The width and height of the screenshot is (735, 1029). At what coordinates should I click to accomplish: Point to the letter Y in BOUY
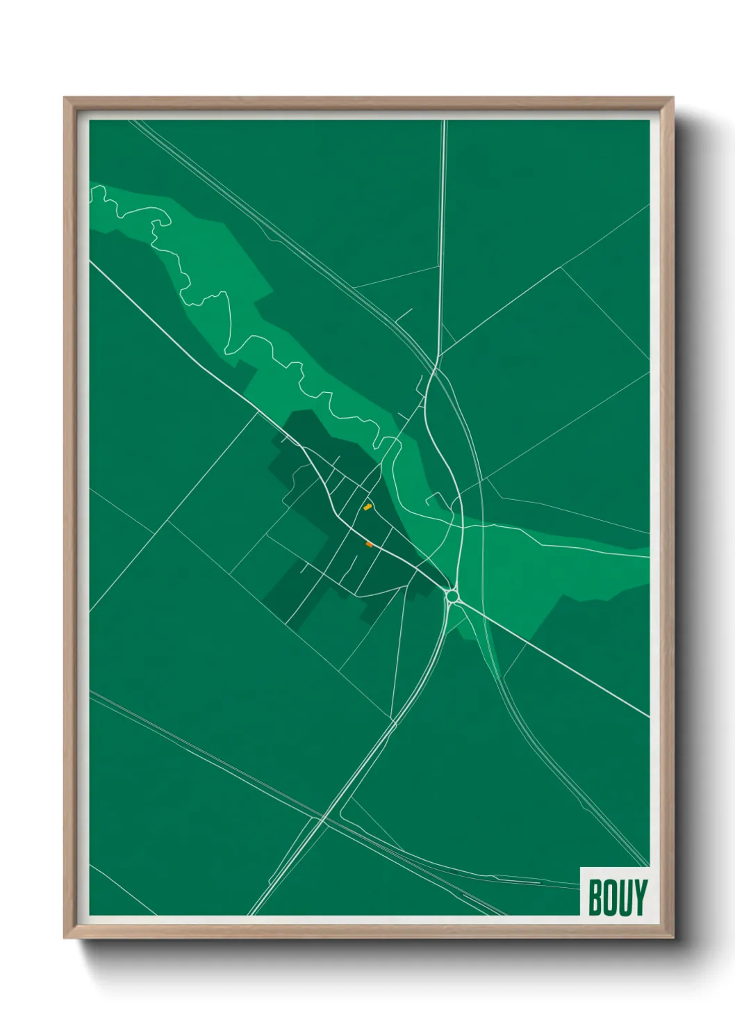[x=639, y=898]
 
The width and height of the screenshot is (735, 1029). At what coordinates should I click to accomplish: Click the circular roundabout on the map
[x=452, y=596]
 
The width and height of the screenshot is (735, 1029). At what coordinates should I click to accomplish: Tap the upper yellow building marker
[x=367, y=507]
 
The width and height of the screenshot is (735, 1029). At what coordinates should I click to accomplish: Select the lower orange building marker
[x=369, y=544]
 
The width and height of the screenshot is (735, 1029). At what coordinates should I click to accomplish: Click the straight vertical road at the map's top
[x=443, y=209]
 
